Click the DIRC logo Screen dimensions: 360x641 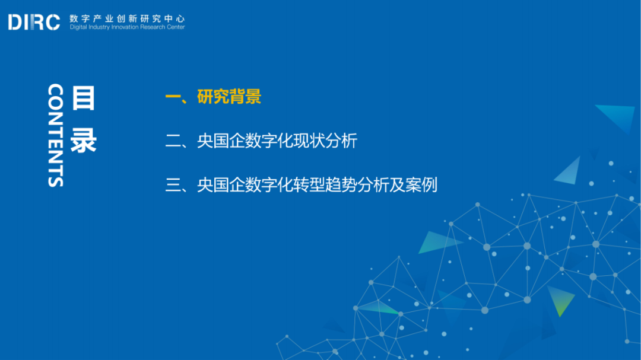tap(34, 23)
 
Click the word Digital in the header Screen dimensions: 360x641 tap(78, 27)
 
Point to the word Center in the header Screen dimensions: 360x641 tap(176, 27)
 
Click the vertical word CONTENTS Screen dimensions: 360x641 tap(55, 135)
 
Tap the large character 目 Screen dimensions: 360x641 tap(83, 98)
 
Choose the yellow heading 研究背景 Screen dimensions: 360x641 tap(229, 97)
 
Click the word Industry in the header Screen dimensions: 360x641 tap(100, 27)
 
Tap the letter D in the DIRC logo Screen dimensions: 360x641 tap(15, 23)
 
